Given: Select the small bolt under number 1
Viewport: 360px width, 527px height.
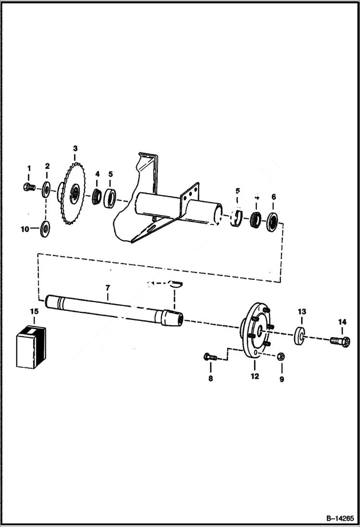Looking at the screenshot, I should point(28,186).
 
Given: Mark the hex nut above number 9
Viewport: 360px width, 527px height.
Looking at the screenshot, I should point(282,356).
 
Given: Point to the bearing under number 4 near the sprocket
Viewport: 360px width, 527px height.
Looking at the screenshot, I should point(97,196).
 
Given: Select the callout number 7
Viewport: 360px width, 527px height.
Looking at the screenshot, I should point(108,288).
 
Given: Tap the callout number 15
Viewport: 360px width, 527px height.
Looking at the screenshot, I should point(34,312).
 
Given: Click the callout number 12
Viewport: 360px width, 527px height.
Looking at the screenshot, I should point(255,377).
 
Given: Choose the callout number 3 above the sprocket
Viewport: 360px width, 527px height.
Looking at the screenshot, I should point(75,148).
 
